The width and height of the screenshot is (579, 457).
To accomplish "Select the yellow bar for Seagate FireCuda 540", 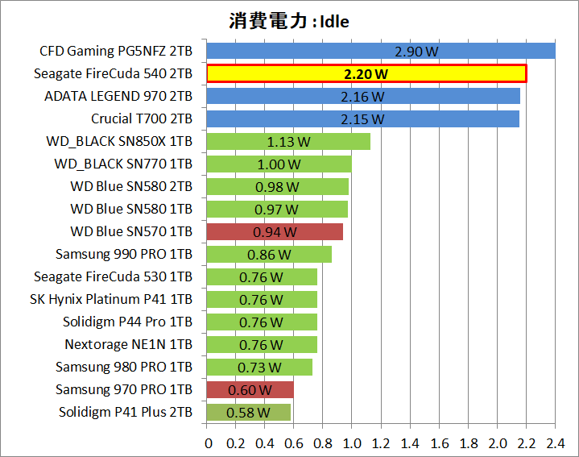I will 366,74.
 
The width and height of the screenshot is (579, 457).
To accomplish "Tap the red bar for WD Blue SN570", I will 275,232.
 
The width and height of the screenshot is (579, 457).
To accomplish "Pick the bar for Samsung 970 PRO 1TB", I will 250,390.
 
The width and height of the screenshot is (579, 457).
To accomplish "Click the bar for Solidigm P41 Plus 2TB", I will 249,413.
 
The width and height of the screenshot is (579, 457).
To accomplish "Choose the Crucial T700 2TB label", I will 142,118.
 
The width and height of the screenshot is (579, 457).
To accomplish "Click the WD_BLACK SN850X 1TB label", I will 120,141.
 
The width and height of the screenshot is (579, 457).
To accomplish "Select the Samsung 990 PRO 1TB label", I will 124,254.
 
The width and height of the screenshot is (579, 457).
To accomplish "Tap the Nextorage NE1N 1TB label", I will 129,344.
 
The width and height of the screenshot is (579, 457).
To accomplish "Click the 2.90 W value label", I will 416,52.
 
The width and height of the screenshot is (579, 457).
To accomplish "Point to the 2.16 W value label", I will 363,97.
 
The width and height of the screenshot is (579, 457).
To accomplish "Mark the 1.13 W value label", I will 288,142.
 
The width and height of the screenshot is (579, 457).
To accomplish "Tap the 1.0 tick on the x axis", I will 352,442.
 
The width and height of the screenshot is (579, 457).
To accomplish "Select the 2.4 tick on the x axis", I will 556,442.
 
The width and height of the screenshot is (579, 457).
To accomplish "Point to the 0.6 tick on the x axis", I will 294,442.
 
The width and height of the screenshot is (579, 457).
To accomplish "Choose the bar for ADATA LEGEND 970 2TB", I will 363,97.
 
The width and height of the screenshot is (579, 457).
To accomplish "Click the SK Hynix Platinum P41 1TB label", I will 111,299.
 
